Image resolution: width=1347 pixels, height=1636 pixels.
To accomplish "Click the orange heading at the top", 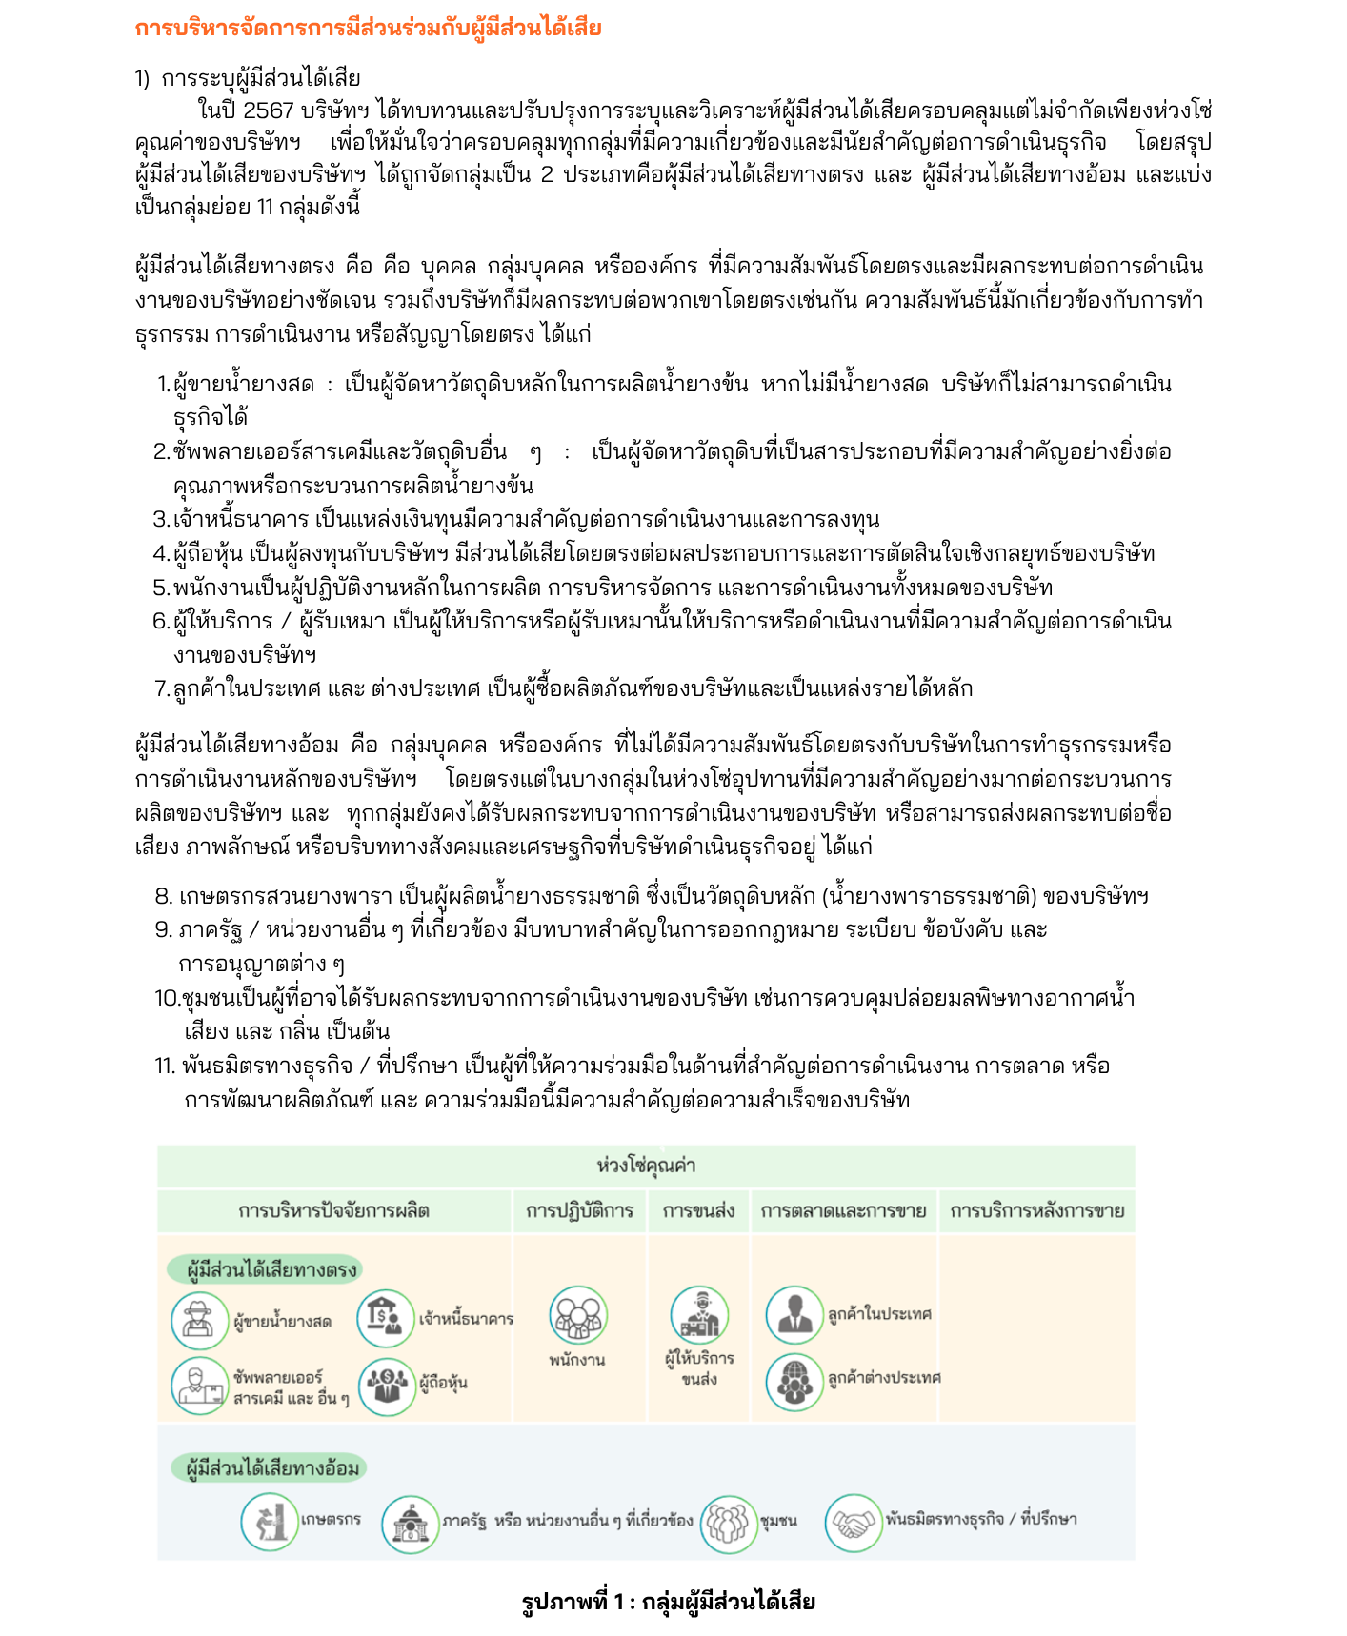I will point(368,29).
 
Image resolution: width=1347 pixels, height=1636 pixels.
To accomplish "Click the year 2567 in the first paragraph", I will point(269,110).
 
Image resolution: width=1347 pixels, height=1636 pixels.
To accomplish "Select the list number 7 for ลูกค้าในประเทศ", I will point(162,688).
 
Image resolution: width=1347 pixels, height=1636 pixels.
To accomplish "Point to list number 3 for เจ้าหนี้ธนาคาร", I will point(161,519).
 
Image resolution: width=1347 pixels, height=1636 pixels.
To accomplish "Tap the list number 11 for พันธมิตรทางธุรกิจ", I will point(165,1066).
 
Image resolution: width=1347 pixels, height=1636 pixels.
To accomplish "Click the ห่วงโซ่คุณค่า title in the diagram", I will point(646,1166).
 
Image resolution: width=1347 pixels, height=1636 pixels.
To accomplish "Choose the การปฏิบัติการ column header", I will point(579,1210).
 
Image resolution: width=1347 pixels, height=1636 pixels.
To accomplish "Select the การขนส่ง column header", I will point(698,1210).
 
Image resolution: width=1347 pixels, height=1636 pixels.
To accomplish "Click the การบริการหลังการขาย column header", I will point(1036,1210).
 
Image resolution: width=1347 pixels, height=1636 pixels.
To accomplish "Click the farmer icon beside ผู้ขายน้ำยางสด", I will point(199,1319).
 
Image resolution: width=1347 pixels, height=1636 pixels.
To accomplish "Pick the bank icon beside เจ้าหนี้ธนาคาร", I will point(386,1317).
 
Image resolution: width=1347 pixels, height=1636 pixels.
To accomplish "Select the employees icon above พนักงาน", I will point(577,1315).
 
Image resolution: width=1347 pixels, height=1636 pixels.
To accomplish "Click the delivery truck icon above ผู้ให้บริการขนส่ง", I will point(698,1315).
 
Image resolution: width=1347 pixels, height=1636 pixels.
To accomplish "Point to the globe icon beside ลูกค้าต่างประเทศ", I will point(794,1382).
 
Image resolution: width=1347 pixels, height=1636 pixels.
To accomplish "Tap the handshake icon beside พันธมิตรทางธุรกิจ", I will point(853,1522).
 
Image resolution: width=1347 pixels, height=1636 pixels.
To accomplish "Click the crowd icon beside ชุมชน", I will point(729,1522).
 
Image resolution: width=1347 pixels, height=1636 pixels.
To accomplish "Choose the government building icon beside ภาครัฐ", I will point(410,1522).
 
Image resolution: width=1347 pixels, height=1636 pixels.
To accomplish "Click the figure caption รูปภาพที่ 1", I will point(668,1601).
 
